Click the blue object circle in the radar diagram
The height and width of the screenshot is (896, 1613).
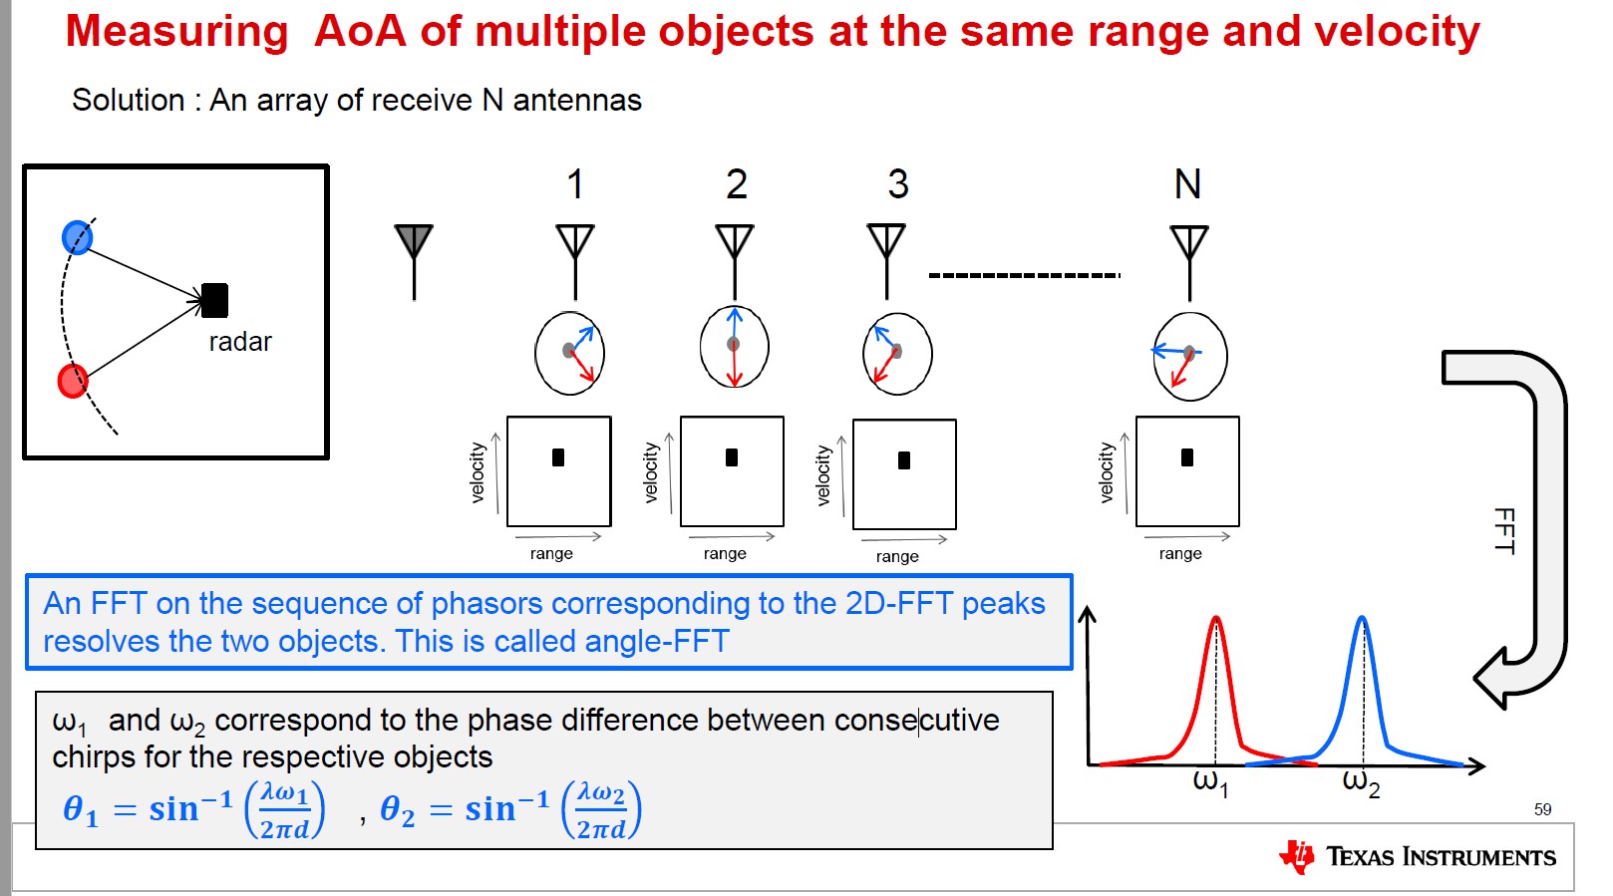(x=77, y=237)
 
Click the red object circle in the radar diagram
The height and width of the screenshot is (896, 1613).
(x=73, y=380)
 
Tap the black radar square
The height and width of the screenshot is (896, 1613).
(x=214, y=300)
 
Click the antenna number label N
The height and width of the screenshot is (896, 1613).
(x=1187, y=184)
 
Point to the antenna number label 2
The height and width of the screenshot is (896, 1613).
(x=736, y=184)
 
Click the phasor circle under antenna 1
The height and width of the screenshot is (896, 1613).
(x=570, y=353)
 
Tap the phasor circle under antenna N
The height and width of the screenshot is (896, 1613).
(x=1189, y=356)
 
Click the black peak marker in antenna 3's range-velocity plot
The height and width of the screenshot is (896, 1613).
(x=904, y=460)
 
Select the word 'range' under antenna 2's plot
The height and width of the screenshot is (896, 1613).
(x=725, y=554)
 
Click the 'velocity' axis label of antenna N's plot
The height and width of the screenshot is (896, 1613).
(x=1107, y=472)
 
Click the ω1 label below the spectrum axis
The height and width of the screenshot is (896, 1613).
(x=1210, y=782)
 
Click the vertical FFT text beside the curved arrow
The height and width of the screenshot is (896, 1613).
(x=1504, y=530)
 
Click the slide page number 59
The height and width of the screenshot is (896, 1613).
(x=1542, y=809)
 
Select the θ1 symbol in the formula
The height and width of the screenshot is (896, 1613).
(x=81, y=810)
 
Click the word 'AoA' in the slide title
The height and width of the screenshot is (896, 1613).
(x=360, y=32)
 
